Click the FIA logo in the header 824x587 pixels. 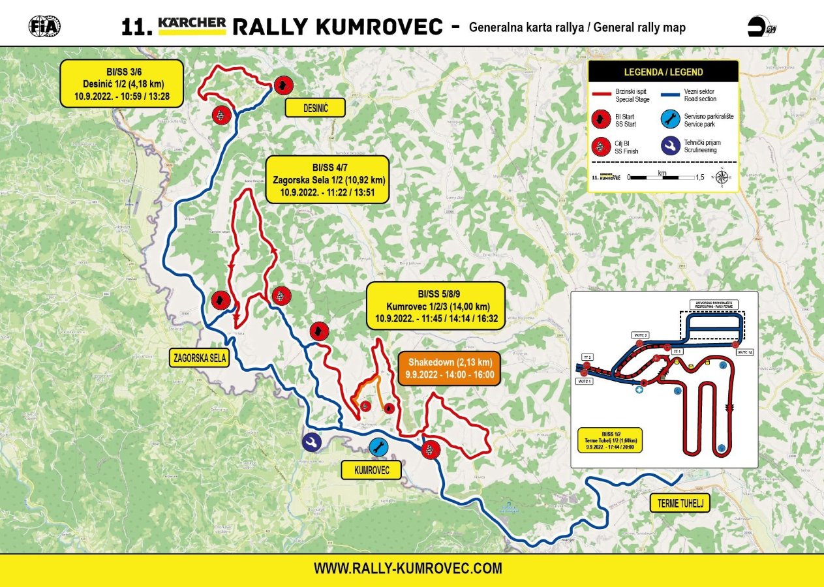coord(44,25)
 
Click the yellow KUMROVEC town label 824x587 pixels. coord(371,470)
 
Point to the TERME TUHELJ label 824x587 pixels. coord(679,503)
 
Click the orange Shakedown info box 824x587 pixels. coord(450,369)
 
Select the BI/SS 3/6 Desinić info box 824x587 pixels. coord(122,83)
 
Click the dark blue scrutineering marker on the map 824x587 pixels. coord(312,442)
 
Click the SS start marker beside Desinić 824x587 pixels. coord(282,85)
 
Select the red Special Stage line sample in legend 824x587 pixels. coord(602,94)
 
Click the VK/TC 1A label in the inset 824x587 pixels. coord(744,352)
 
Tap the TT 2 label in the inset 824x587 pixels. coord(587,357)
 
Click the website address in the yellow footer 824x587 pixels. coord(408,568)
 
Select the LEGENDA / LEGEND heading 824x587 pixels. coord(663,72)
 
